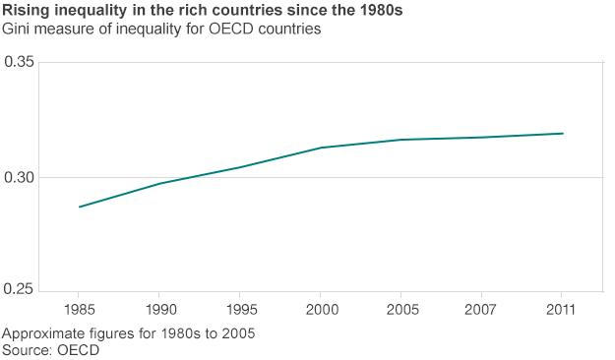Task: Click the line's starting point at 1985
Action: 80,207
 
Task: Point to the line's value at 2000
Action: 321,148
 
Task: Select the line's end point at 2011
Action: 562,134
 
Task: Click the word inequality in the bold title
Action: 87,11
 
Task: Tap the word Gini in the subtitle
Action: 19,30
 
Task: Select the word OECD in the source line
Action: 79,349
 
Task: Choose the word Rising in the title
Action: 25,11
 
